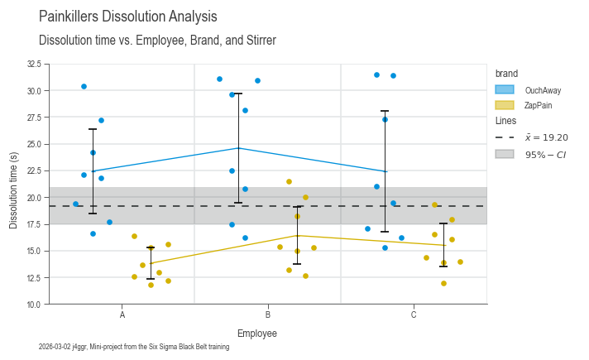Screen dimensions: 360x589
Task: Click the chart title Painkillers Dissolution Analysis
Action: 128,17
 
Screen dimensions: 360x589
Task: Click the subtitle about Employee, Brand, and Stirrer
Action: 157,41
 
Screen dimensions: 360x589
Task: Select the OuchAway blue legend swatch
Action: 505,89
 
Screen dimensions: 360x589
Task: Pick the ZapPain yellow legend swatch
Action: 505,105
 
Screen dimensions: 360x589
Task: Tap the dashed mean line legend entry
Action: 505,137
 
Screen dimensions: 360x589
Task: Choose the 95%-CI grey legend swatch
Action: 505,154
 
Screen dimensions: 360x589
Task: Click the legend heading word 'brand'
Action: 506,74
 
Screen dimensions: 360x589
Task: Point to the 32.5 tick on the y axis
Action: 33,64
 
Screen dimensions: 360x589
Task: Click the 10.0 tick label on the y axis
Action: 33,305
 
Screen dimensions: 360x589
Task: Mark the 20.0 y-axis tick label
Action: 33,198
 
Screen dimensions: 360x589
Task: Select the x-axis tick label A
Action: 122,315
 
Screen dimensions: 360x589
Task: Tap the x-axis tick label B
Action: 268,315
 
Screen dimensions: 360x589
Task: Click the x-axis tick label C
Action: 414,315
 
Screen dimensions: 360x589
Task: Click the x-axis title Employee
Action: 257,334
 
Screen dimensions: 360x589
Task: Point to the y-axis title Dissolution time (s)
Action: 13,184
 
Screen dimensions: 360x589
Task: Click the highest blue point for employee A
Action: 84,86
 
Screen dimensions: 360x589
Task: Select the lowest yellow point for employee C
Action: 443,283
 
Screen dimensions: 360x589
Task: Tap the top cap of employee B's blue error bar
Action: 239,94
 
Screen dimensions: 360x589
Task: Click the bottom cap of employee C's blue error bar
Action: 385,232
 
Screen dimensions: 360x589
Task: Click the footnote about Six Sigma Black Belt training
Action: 134,348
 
